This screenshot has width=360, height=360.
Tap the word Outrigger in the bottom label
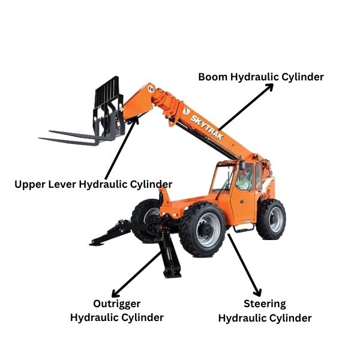(116, 303)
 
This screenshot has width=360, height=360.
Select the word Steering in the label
(265, 304)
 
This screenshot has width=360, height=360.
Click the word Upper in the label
(30, 184)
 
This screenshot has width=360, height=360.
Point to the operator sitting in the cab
(242, 179)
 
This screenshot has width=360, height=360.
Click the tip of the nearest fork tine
(42, 140)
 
